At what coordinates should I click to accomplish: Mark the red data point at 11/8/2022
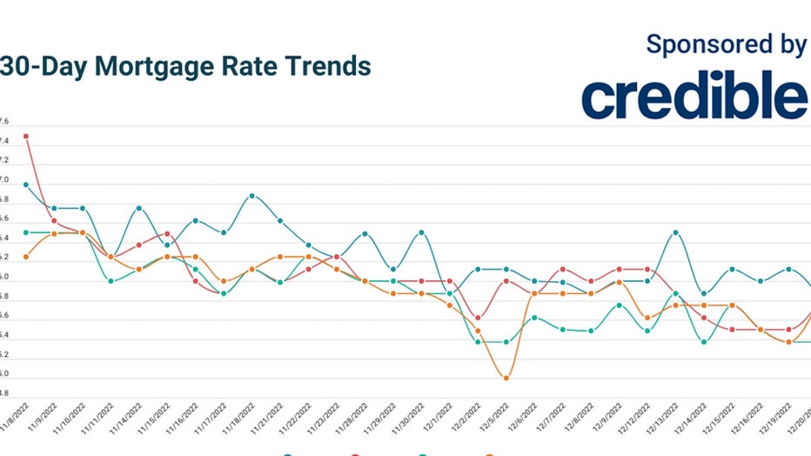26,136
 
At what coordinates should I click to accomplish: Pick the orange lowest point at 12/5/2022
506,378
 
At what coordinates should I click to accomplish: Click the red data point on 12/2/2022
478,318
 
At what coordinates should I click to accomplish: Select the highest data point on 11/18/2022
252,196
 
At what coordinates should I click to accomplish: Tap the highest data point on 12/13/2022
675,232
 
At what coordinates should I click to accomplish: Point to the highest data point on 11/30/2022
421,232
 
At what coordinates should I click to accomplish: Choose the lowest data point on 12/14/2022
704,342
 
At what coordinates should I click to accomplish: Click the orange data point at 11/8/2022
26,257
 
